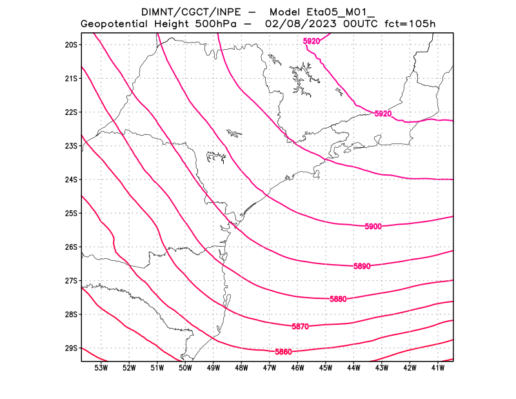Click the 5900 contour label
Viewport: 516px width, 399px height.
click(373, 227)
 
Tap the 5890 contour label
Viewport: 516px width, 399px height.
click(362, 266)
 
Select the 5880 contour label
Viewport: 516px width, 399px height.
click(338, 299)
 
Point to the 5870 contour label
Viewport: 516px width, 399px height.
click(300, 327)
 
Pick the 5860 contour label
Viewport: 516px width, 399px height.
click(283, 352)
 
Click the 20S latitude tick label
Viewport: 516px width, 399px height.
click(71, 45)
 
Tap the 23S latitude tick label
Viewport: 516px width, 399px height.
click(71, 146)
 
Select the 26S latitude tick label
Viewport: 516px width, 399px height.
click(71, 247)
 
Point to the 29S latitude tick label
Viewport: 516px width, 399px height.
click(71, 348)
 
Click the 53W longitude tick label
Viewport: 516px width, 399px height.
click(101, 368)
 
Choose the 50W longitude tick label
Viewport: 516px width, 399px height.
click(185, 368)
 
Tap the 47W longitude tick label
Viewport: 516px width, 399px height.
click(270, 368)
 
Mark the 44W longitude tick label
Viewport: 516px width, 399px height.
click(353, 368)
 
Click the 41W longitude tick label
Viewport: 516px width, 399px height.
click(438, 368)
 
